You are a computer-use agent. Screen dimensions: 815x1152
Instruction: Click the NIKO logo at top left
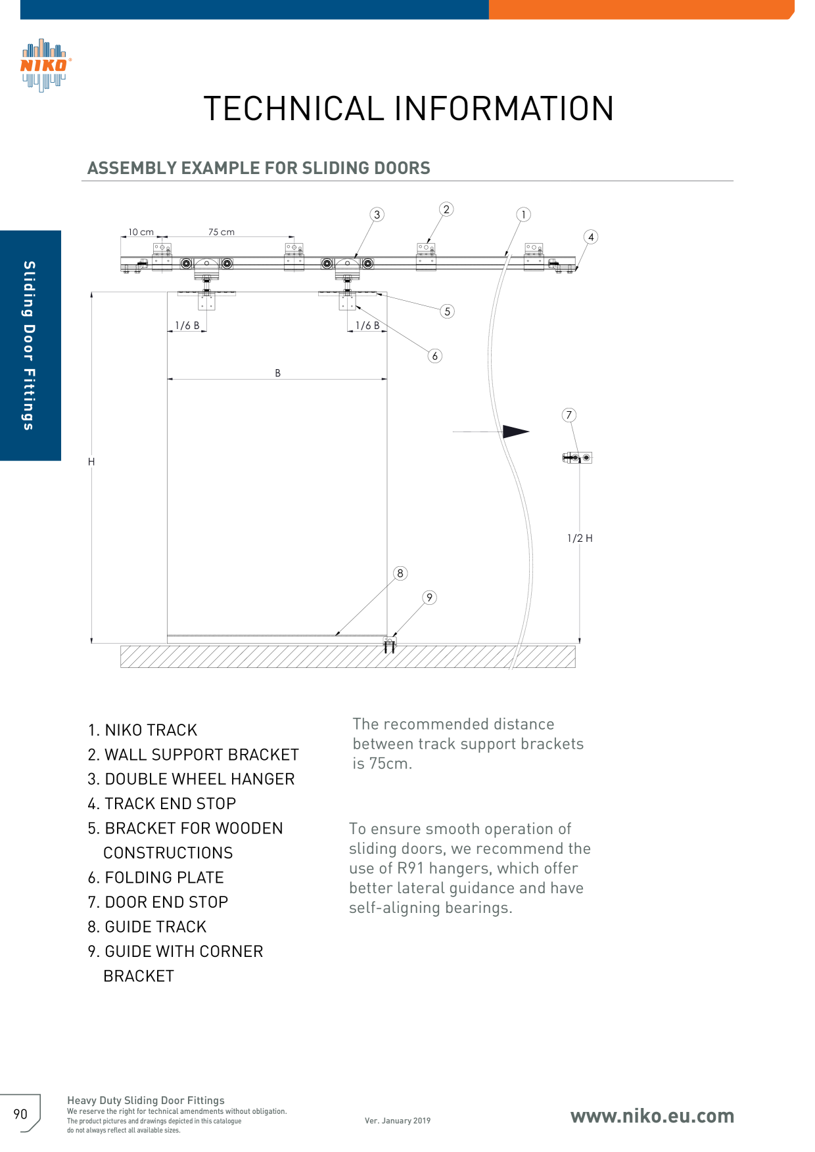click(45, 65)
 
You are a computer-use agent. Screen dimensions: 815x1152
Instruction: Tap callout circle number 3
click(377, 215)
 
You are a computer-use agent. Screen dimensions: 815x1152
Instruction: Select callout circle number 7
click(569, 415)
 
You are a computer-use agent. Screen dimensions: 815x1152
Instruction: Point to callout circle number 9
click(429, 598)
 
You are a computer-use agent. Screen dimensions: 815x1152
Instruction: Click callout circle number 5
click(448, 311)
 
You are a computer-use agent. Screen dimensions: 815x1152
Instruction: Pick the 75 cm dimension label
click(221, 232)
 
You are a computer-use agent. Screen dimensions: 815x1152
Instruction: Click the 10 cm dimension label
click(141, 232)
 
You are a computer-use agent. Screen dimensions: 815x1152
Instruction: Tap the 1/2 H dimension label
click(580, 538)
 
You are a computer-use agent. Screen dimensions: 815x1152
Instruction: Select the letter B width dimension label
click(277, 373)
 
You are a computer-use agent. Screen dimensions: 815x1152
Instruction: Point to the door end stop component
click(578, 457)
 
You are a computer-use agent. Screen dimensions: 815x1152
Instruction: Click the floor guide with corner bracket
click(390, 644)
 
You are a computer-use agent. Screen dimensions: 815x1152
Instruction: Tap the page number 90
click(20, 1114)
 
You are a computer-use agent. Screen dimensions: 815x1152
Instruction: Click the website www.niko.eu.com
click(652, 1116)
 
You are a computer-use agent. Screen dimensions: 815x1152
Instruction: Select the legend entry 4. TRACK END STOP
click(162, 804)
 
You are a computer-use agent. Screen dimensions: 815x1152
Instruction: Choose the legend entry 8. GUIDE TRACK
click(147, 927)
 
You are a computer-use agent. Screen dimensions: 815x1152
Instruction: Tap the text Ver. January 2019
click(398, 1120)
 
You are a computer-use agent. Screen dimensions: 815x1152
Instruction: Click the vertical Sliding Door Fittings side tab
click(30, 345)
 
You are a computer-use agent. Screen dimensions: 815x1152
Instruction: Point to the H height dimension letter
click(91, 462)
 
